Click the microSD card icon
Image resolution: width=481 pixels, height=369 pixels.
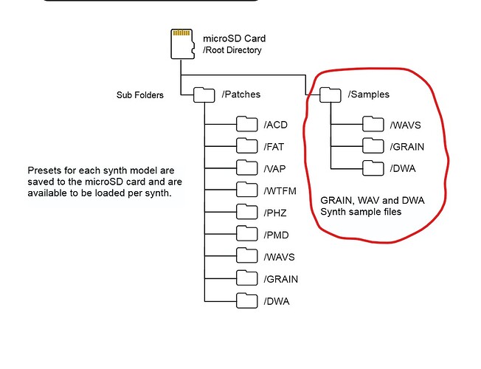click(x=181, y=44)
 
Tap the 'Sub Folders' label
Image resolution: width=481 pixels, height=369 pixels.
click(x=140, y=95)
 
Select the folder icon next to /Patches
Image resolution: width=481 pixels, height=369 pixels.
click(x=204, y=94)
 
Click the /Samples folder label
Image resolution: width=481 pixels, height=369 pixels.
click(x=370, y=94)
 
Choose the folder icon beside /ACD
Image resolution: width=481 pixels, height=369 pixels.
click(x=246, y=123)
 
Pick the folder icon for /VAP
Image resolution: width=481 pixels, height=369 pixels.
click(x=246, y=168)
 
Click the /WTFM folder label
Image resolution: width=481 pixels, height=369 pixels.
click(x=280, y=190)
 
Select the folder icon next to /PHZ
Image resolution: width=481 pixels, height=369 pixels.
click(x=246, y=213)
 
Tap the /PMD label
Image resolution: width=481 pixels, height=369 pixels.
click(x=277, y=235)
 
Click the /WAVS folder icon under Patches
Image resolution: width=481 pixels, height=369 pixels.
click(x=246, y=257)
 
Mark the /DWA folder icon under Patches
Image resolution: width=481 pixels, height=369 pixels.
click(x=246, y=301)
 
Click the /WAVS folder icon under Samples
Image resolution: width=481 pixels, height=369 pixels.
click(x=373, y=124)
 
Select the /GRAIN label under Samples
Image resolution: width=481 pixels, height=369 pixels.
click(x=408, y=146)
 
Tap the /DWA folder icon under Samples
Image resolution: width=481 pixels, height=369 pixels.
click(x=373, y=168)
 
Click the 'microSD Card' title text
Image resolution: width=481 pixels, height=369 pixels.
click(x=234, y=38)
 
